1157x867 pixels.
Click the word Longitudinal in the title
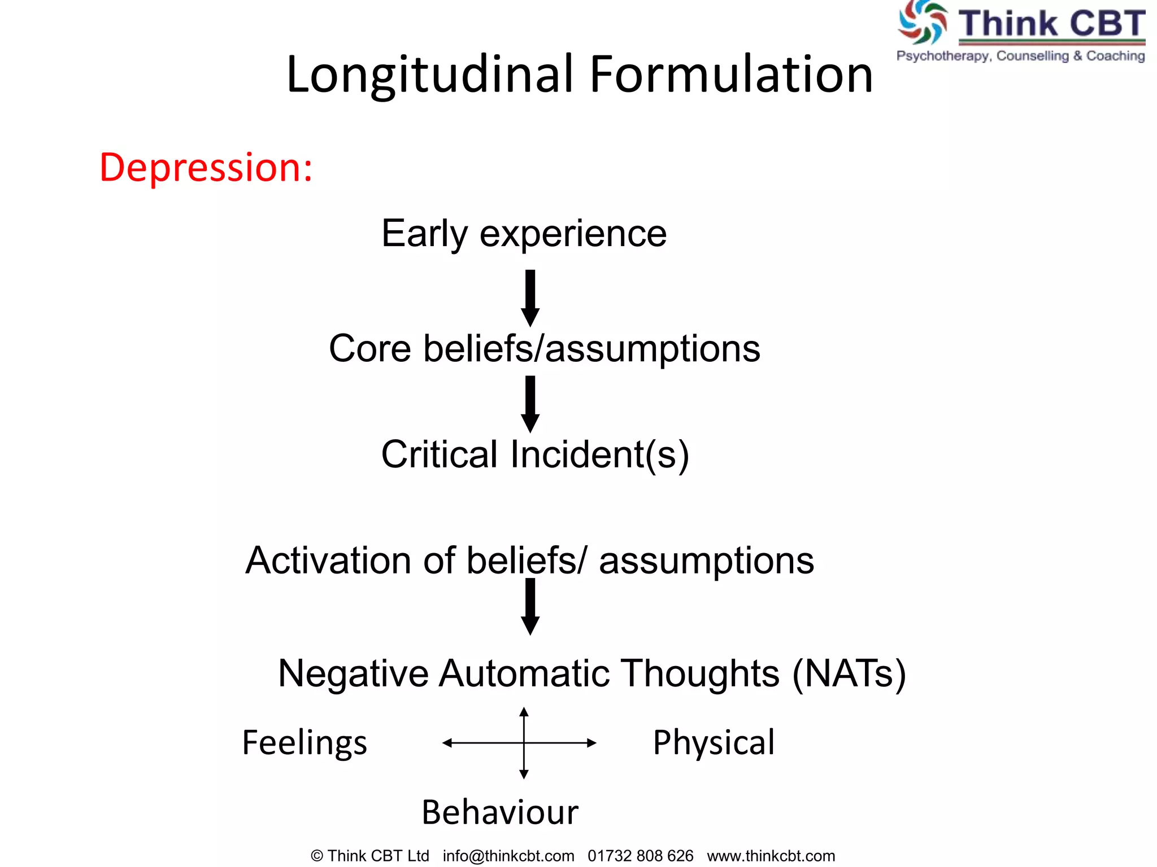(x=430, y=75)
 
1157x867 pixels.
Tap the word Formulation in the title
(x=731, y=75)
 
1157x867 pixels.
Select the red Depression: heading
(x=206, y=168)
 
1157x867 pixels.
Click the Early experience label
(x=524, y=233)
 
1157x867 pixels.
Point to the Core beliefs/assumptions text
(x=544, y=348)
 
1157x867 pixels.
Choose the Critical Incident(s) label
(x=534, y=454)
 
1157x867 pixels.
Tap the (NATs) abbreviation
(x=849, y=673)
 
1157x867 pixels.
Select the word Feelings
(x=305, y=742)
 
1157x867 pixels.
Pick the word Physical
(x=714, y=742)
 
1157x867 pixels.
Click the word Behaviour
(x=500, y=812)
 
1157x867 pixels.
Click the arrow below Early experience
(x=530, y=297)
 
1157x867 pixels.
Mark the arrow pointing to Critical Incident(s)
(x=530, y=404)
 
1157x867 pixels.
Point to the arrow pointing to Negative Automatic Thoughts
(x=530, y=606)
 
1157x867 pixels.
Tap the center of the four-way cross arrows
(x=524, y=743)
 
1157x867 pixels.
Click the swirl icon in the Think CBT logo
(x=923, y=23)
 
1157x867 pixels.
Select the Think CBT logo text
(x=1051, y=24)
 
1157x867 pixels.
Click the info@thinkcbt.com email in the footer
(x=508, y=856)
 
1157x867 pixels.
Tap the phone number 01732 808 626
(x=640, y=856)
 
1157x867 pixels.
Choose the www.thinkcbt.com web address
(x=771, y=856)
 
